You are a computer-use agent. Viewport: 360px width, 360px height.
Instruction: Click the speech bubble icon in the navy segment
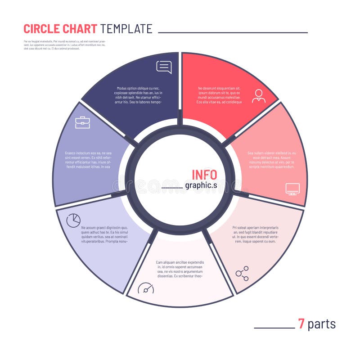point(164,67)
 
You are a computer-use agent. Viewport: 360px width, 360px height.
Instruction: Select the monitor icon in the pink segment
point(292,189)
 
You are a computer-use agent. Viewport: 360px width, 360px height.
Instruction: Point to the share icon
point(242,273)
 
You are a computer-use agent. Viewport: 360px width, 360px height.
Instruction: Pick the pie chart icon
point(73,220)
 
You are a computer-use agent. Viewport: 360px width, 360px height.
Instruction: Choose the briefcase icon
point(82,122)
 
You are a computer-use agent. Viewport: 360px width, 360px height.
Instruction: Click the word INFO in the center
point(204,175)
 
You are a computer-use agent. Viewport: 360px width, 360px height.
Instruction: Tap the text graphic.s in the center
point(201,185)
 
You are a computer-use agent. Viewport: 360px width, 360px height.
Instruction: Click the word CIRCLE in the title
point(41,29)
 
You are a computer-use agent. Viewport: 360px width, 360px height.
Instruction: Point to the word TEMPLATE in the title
point(126,29)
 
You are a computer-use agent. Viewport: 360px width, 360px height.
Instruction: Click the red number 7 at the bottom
point(301,324)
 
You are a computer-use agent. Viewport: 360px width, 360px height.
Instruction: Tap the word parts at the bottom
point(322,324)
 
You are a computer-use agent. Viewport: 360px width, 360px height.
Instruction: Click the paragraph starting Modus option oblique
point(139,95)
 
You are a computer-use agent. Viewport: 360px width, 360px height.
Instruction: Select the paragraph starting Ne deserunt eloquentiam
point(219,95)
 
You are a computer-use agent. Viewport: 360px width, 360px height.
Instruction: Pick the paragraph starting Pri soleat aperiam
point(255,234)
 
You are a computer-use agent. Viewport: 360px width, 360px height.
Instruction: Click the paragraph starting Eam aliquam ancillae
point(180,269)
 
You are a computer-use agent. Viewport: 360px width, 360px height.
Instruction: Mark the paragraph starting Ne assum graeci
point(104,234)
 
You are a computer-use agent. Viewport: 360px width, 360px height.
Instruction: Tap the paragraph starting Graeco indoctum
point(88,160)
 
